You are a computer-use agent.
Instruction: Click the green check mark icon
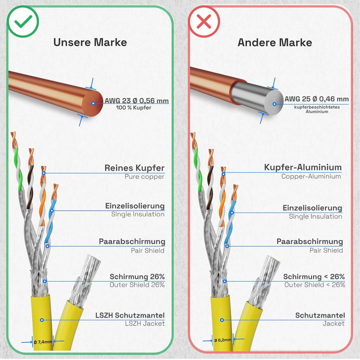pos(23,21)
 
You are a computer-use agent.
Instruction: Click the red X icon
pos(204,21)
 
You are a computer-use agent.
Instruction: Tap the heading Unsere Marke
pos(90,42)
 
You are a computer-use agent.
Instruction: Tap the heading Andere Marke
pos(274,42)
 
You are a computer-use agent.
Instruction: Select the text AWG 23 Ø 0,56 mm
pos(136,100)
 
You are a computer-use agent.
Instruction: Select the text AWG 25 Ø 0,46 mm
pos(316,99)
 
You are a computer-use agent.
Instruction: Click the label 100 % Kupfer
pos(133,107)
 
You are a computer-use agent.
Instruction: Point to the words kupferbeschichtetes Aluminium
pos(317,109)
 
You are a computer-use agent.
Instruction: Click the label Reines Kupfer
pos(134,168)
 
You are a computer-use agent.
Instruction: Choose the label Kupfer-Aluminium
pos(303,167)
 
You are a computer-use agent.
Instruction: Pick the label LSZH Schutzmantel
pos(130,315)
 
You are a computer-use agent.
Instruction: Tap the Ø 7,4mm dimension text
pos(43,342)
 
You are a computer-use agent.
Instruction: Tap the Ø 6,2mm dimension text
pos(222,340)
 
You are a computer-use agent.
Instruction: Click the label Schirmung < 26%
pos(314,276)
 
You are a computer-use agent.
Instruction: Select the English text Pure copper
pos(144,176)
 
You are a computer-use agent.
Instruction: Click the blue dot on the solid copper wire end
pos(93,103)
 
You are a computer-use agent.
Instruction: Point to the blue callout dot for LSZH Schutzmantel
pos(41,320)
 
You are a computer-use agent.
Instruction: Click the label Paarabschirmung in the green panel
pos(132,241)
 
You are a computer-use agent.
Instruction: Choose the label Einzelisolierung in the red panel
pos(312,208)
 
